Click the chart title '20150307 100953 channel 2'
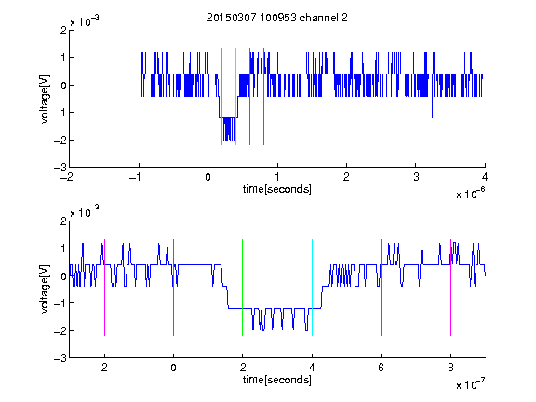click(277, 18)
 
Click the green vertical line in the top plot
click(221, 97)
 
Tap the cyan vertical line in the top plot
click(235, 97)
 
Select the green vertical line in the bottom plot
click(242, 288)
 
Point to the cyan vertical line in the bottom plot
click(312, 288)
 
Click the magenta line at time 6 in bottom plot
click(382, 288)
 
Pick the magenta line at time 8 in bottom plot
click(451, 288)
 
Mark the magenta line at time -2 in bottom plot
click(104, 288)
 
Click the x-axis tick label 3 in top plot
click(416, 177)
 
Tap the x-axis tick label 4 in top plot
click(485, 177)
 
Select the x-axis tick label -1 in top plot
click(136, 177)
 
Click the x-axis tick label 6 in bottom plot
click(382, 368)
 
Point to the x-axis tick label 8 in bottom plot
click(450, 368)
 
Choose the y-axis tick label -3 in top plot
click(60, 167)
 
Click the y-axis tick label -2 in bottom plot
click(60, 330)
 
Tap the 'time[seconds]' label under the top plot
click(277, 189)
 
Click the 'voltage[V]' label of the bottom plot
click(45, 288)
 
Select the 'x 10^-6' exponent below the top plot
click(471, 194)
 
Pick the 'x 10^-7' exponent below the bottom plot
click(471, 384)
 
